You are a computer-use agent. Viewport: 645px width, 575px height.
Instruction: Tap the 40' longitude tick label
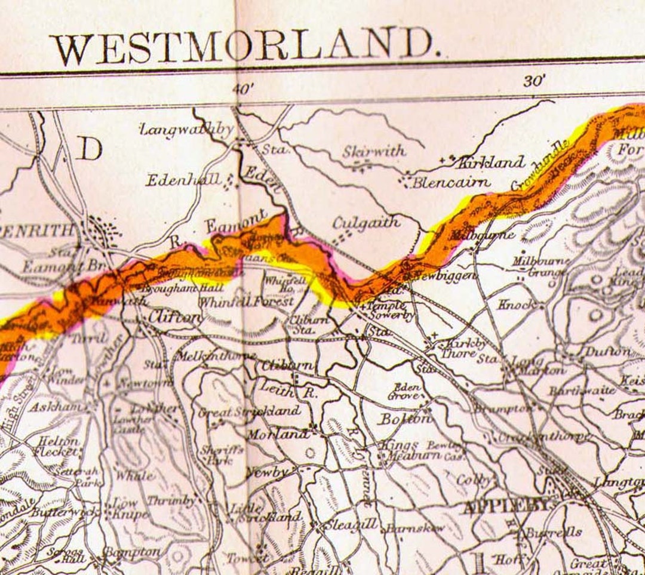[x=243, y=88]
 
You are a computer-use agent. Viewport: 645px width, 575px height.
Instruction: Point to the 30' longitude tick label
[x=535, y=81]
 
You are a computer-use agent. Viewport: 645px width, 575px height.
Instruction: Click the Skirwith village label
[x=374, y=152]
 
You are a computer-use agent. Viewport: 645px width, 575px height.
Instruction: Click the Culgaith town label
[x=366, y=223]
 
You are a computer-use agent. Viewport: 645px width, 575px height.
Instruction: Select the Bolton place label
[x=405, y=419]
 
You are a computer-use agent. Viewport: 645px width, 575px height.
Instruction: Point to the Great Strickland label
[x=250, y=411]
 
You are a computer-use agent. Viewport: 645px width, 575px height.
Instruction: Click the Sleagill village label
[x=350, y=525]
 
